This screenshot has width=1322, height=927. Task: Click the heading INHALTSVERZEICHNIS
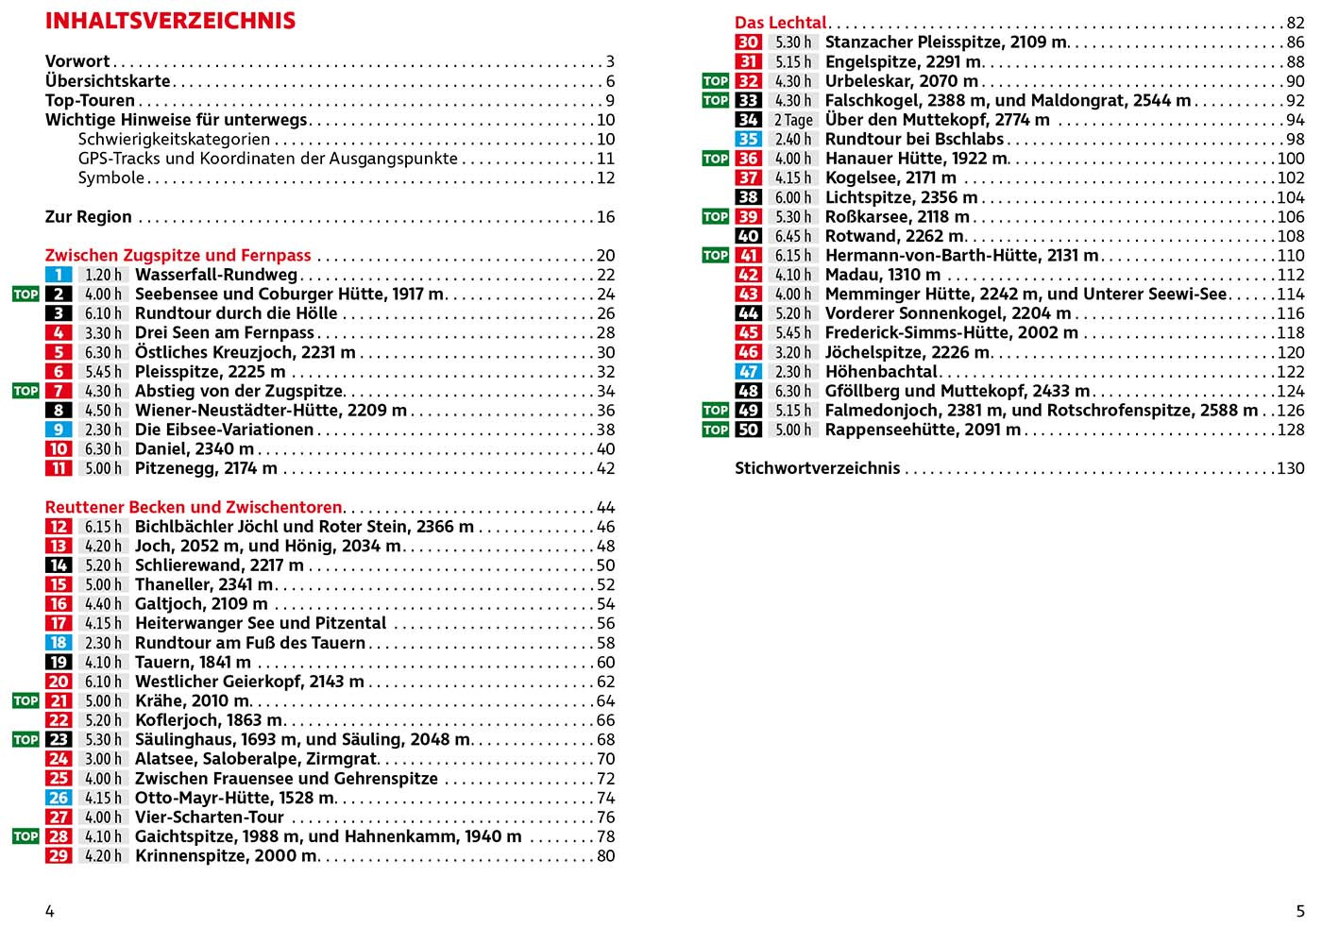pyautogui.click(x=170, y=21)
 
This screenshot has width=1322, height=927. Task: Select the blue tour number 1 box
pyautogui.click(x=59, y=275)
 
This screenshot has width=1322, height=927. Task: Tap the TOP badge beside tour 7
pyautogui.click(x=25, y=391)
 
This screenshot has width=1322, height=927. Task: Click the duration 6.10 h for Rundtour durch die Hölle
pyautogui.click(x=103, y=313)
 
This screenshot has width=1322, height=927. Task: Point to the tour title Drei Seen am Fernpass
pyautogui.click(x=224, y=333)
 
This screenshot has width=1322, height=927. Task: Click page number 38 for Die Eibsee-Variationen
pyautogui.click(x=605, y=430)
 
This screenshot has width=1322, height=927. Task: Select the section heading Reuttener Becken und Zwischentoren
pyautogui.click(x=194, y=507)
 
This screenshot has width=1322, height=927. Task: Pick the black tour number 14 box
pyautogui.click(x=59, y=565)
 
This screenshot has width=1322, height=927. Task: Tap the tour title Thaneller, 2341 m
pyautogui.click(x=203, y=584)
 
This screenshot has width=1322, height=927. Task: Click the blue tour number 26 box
pyautogui.click(x=59, y=798)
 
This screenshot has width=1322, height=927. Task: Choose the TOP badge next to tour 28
pyautogui.click(x=25, y=836)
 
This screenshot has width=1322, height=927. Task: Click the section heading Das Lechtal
pyautogui.click(x=780, y=23)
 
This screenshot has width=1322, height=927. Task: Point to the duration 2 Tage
pyautogui.click(x=793, y=120)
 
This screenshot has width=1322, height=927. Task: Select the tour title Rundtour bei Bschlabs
pyautogui.click(x=913, y=140)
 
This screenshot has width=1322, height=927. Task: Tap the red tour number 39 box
pyautogui.click(x=748, y=217)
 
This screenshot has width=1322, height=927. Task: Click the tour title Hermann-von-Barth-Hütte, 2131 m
pyautogui.click(x=961, y=256)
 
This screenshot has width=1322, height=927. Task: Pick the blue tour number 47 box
pyautogui.click(x=748, y=372)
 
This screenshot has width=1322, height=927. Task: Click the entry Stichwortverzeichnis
pyautogui.click(x=817, y=468)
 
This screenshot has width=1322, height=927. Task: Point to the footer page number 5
pyautogui.click(x=1300, y=911)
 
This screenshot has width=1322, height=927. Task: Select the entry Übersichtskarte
pyautogui.click(x=108, y=81)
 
